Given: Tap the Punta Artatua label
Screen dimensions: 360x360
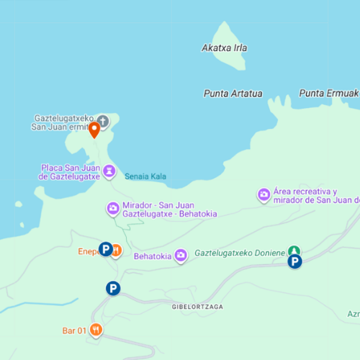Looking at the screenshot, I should [x=233, y=94].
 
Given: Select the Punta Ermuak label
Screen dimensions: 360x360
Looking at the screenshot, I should [x=328, y=94].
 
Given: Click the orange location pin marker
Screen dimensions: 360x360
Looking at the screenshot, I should [x=94, y=130].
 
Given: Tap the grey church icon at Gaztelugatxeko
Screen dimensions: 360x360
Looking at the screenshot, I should [x=103, y=121].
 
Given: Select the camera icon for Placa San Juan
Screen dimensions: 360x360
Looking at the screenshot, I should [x=109, y=171].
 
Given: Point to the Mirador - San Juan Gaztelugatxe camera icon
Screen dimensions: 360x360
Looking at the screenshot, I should [x=113, y=209].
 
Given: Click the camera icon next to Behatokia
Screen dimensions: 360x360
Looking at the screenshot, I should [x=181, y=255].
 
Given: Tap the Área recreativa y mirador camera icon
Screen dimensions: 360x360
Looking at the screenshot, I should [x=264, y=194].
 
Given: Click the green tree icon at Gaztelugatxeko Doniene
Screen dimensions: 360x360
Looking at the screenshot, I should [x=294, y=251].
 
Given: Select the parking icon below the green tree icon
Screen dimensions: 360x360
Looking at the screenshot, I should [x=294, y=262].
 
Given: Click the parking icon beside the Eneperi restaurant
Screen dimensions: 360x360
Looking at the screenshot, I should [x=105, y=250].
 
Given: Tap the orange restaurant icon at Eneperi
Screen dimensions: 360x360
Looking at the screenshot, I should [x=117, y=251].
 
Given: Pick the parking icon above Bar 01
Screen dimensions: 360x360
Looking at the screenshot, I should [x=112, y=288].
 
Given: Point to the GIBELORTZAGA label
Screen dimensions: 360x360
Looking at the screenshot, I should [x=197, y=306].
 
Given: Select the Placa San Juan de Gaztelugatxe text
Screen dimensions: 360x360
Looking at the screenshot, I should [x=69, y=171].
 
